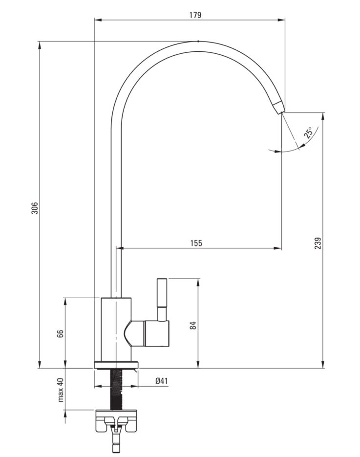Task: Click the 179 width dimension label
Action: tap(195, 15)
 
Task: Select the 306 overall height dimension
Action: tap(35, 208)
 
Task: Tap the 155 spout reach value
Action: tap(196, 243)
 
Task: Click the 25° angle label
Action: tap(308, 132)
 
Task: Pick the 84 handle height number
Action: tap(193, 325)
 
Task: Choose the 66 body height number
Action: tap(60, 334)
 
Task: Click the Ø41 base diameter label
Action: tap(162, 381)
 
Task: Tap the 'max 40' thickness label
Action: tap(60, 390)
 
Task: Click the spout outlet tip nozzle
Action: tap(279, 107)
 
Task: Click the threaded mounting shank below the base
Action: tap(116, 390)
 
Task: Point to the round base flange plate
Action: tap(116, 365)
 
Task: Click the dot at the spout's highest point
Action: tap(198, 42)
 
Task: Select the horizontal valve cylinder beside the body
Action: tap(156, 334)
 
